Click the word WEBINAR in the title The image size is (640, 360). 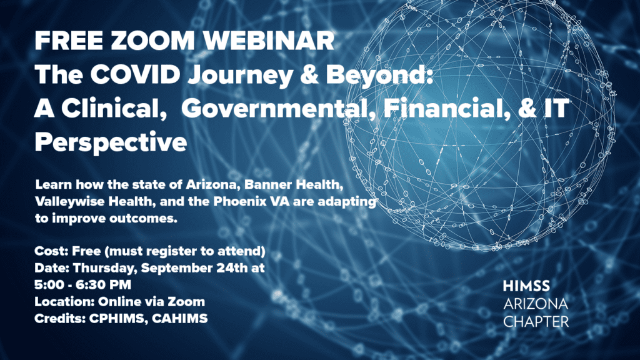269,41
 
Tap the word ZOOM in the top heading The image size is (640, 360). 152,41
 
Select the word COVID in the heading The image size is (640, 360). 135,75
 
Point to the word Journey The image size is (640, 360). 241,76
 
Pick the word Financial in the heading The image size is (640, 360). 446,109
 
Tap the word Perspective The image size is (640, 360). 111,143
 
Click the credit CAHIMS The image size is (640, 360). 179,318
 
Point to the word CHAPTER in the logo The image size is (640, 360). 536,322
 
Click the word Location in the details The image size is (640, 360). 64,302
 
